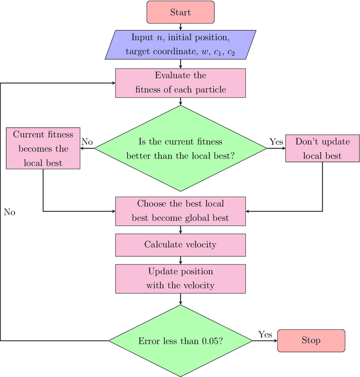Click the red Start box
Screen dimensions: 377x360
click(x=180, y=12)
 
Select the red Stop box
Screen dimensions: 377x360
click(x=311, y=340)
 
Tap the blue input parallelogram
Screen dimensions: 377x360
click(x=180, y=45)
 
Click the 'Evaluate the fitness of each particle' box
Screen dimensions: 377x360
click(x=180, y=83)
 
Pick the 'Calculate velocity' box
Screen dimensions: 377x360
click(x=180, y=244)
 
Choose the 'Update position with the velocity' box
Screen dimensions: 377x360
click(x=180, y=279)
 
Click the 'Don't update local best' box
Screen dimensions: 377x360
click(x=322, y=148)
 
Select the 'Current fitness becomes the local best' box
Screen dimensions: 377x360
click(x=43, y=148)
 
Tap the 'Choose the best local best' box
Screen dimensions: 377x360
click(x=180, y=210)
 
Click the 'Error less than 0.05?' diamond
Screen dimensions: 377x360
click(x=180, y=340)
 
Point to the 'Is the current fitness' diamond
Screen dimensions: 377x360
click(x=180, y=148)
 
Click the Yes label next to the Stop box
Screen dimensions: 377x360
click(x=265, y=334)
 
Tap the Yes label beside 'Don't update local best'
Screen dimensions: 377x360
click(x=276, y=142)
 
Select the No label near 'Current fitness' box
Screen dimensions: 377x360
click(x=87, y=142)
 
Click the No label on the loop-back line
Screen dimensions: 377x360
click(x=10, y=212)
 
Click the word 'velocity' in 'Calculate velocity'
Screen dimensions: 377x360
click(x=201, y=244)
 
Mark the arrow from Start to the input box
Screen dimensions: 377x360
click(x=180, y=27)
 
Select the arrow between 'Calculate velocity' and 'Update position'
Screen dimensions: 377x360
click(x=180, y=260)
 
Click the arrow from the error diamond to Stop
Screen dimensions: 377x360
click(x=264, y=340)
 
